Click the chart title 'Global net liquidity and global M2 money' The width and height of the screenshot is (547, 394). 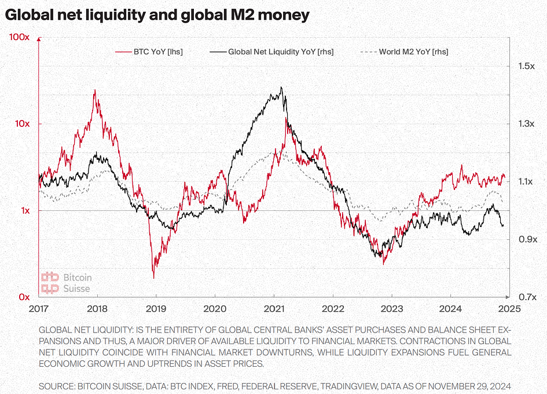[x=157, y=16]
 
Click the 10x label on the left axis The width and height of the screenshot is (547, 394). [x=21, y=124]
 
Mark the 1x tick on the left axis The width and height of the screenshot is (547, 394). [x=24, y=210]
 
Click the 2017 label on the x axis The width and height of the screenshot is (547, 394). [x=38, y=308]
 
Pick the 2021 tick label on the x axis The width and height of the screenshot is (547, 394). [x=274, y=308]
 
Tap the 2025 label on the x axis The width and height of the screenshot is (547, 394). [x=508, y=308]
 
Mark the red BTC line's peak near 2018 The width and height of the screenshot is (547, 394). [x=95, y=90]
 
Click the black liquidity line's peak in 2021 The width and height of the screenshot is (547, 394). [x=281, y=87]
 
